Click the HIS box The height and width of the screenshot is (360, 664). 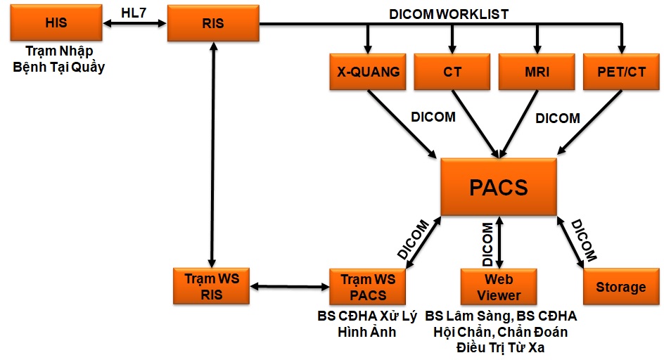tap(56, 23)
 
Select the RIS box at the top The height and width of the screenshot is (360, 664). tap(212, 23)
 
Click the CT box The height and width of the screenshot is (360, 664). tap(452, 72)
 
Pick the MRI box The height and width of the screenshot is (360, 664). tap(537, 72)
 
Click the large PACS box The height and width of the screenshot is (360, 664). tap(499, 187)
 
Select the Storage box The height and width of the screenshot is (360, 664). tap(620, 286)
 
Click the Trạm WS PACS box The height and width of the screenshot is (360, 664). tap(368, 286)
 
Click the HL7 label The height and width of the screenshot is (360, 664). tap(134, 12)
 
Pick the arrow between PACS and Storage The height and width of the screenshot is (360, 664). tap(570, 242)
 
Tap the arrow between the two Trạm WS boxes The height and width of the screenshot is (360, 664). tap(290, 286)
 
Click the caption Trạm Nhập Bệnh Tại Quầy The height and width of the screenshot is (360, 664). tap(59, 59)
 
